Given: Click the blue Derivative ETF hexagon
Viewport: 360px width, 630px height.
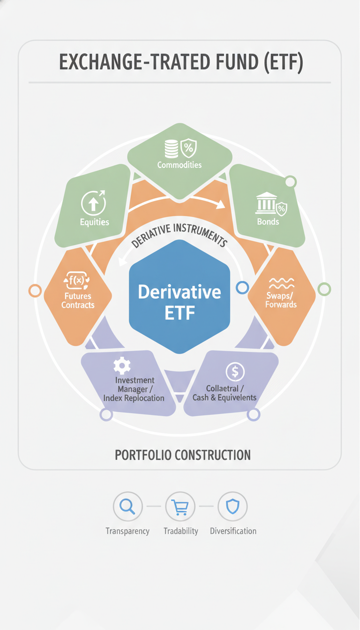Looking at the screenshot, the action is (180, 297).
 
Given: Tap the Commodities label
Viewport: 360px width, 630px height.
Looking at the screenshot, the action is (180, 165).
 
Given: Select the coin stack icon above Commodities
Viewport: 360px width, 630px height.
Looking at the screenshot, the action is (171, 149).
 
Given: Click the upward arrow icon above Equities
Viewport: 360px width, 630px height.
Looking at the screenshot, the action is (94, 202).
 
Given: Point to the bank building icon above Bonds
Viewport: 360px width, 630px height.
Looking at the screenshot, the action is (266, 203).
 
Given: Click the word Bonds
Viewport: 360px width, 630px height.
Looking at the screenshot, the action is (268, 222).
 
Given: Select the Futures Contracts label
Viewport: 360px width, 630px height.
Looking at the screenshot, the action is (78, 300).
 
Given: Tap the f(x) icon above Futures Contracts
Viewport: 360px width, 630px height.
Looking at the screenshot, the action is (76, 280).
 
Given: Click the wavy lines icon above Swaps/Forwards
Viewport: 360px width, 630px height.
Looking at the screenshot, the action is (282, 283).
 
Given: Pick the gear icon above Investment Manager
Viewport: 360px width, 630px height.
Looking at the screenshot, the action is (122, 366).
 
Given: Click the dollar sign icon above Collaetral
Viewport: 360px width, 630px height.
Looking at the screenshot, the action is (235, 372).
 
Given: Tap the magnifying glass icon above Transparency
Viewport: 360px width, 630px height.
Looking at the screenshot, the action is (127, 507).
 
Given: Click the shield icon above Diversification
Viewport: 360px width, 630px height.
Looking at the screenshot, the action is (233, 507).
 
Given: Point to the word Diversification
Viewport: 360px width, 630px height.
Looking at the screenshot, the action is (233, 531).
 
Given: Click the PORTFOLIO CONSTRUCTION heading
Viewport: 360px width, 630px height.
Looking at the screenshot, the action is (182, 455).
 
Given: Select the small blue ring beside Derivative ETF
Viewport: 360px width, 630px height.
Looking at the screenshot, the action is (242, 287).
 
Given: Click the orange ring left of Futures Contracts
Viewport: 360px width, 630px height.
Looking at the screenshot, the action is (35, 291).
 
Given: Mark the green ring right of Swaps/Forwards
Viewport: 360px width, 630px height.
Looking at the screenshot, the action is (324, 289).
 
